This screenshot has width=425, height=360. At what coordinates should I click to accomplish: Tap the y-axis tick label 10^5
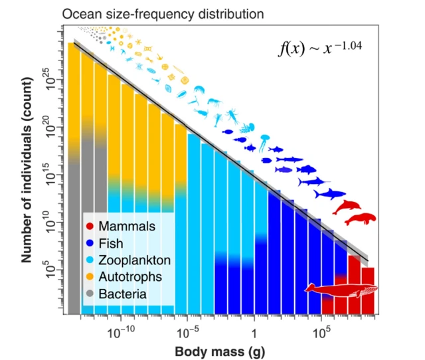pos(53,269)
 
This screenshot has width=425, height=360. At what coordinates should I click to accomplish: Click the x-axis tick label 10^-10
pos(124,330)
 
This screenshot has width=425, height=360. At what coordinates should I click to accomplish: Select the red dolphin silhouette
pos(347,207)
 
